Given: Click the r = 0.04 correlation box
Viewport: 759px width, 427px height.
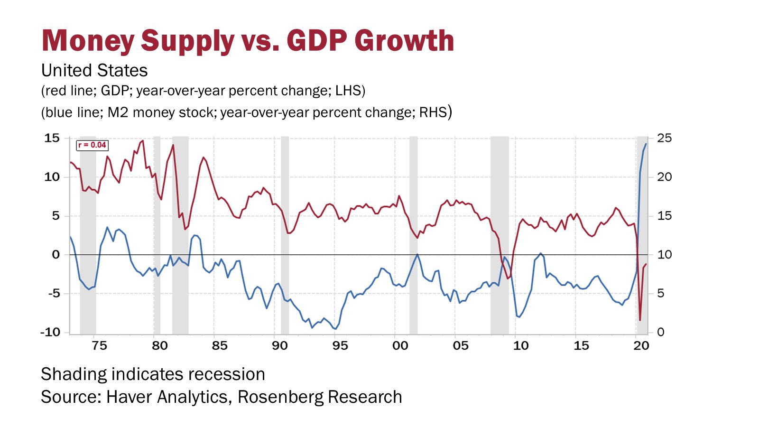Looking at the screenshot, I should (92, 145).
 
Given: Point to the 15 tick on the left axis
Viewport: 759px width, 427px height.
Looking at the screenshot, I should (52, 138).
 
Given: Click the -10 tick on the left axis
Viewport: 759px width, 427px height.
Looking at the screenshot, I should (50, 332).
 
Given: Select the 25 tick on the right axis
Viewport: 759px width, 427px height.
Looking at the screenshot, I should (665, 138).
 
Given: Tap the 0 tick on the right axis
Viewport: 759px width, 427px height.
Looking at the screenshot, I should (661, 332).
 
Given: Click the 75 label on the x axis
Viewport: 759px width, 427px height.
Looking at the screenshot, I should (99, 345).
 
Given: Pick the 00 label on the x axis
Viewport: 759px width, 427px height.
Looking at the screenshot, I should (400, 345).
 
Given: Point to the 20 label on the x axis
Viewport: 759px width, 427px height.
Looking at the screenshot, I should (641, 345).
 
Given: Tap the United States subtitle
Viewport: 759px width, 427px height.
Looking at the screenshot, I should (94, 70).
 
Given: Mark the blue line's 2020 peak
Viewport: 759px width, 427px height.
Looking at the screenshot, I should (646, 144).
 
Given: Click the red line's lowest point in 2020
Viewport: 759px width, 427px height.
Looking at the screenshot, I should (640, 320).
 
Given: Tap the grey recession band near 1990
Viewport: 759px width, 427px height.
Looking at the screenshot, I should (285, 237).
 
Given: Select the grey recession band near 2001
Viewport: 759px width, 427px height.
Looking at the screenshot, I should (413, 237).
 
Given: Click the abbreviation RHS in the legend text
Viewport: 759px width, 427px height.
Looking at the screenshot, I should (433, 112).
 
